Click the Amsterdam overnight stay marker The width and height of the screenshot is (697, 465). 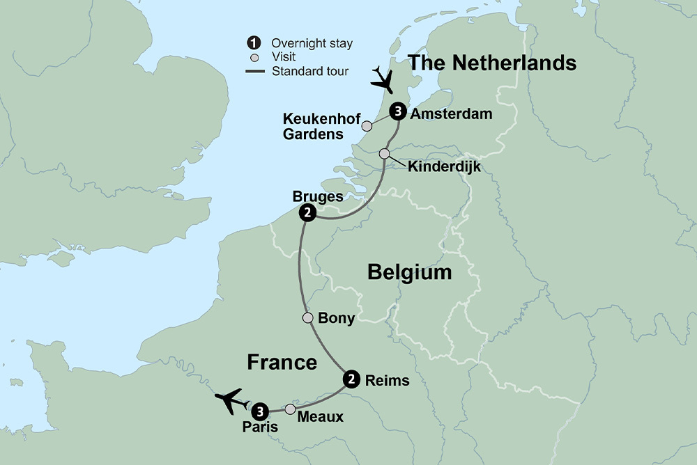[x=397, y=111]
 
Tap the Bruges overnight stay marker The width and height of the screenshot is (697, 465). [x=306, y=213]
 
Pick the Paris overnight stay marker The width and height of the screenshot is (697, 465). [x=260, y=410]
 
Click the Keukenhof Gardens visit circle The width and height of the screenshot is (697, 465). [x=366, y=126]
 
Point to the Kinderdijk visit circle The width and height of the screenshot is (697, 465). [x=384, y=154]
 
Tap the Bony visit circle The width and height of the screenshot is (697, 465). [x=307, y=318]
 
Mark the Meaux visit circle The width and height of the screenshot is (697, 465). [x=290, y=409]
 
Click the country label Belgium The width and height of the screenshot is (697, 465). [x=410, y=272]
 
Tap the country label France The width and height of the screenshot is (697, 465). [x=282, y=362]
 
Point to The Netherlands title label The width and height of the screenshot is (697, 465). [x=492, y=63]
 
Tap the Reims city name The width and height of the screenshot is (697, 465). [x=387, y=381]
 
